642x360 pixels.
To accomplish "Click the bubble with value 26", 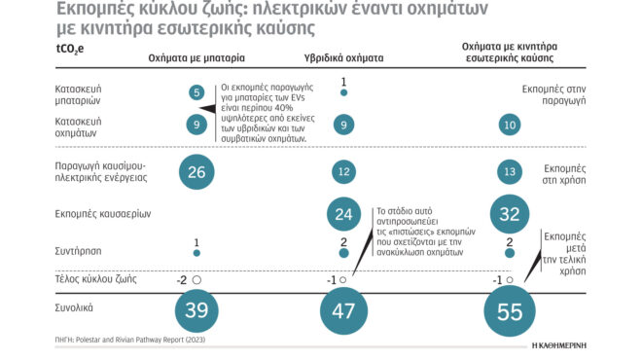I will [x=197, y=171].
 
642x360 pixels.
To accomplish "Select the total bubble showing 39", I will [x=197, y=311].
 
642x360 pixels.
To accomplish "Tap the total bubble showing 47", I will [x=344, y=311].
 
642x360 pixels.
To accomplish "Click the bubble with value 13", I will [x=510, y=171].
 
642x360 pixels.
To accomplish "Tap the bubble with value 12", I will [x=344, y=171].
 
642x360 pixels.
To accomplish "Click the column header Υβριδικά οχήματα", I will [x=344, y=57].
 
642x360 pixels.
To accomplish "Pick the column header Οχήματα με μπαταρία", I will [x=196, y=57].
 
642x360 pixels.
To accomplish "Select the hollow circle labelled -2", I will [x=197, y=279].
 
